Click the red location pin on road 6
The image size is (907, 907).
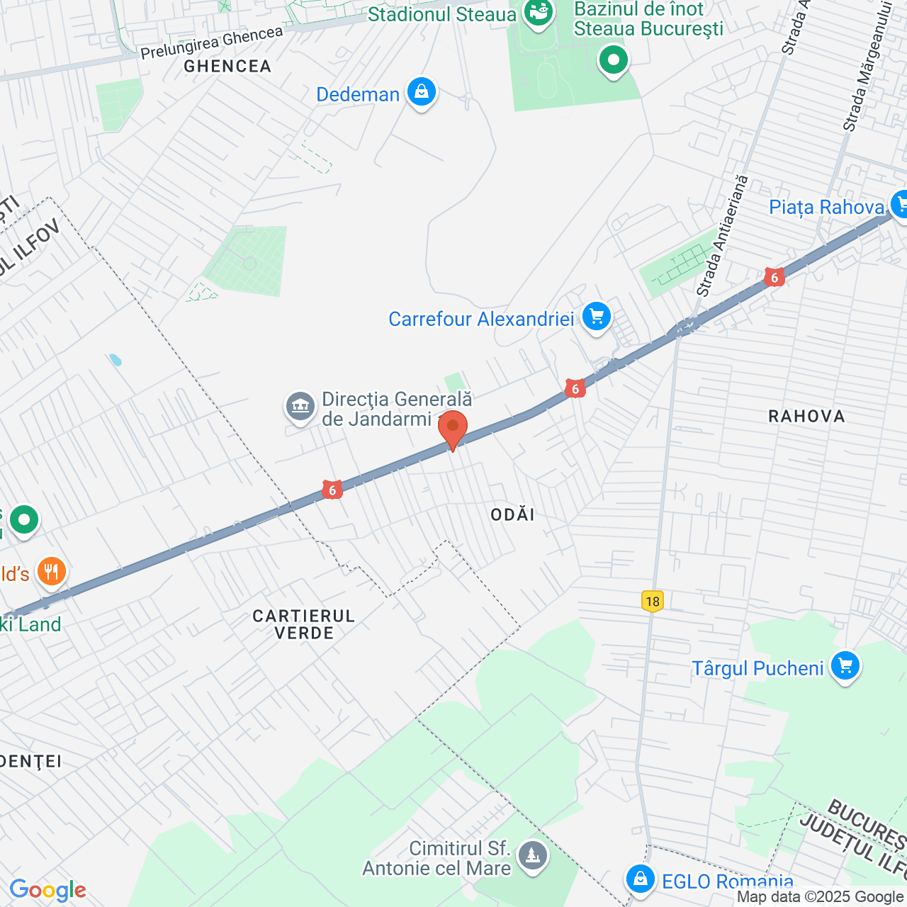pos(452,428)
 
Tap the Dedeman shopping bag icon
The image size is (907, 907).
pos(422,93)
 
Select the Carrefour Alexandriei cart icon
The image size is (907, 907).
pos(596,317)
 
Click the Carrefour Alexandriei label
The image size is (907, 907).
pos(481,319)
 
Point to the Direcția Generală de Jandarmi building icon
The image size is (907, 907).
pos(300,407)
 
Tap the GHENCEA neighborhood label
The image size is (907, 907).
pos(227,67)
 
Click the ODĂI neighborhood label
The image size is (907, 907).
pos(512,514)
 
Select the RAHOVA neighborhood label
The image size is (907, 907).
pos(806,416)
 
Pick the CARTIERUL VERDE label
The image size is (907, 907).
pos(304,624)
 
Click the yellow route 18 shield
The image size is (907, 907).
pos(652,602)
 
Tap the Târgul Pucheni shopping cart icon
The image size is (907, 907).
pos(845,667)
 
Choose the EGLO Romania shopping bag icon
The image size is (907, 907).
pos(640,879)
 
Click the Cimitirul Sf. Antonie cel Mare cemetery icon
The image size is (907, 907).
pos(532,855)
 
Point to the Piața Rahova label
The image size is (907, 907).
pos(826,207)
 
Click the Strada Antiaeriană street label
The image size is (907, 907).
pos(721,235)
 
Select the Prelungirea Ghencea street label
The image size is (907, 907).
pos(211,43)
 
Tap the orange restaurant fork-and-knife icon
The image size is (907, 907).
pos(51,570)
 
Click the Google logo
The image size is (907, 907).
pos(47,890)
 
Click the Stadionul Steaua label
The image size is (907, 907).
pos(441,14)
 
